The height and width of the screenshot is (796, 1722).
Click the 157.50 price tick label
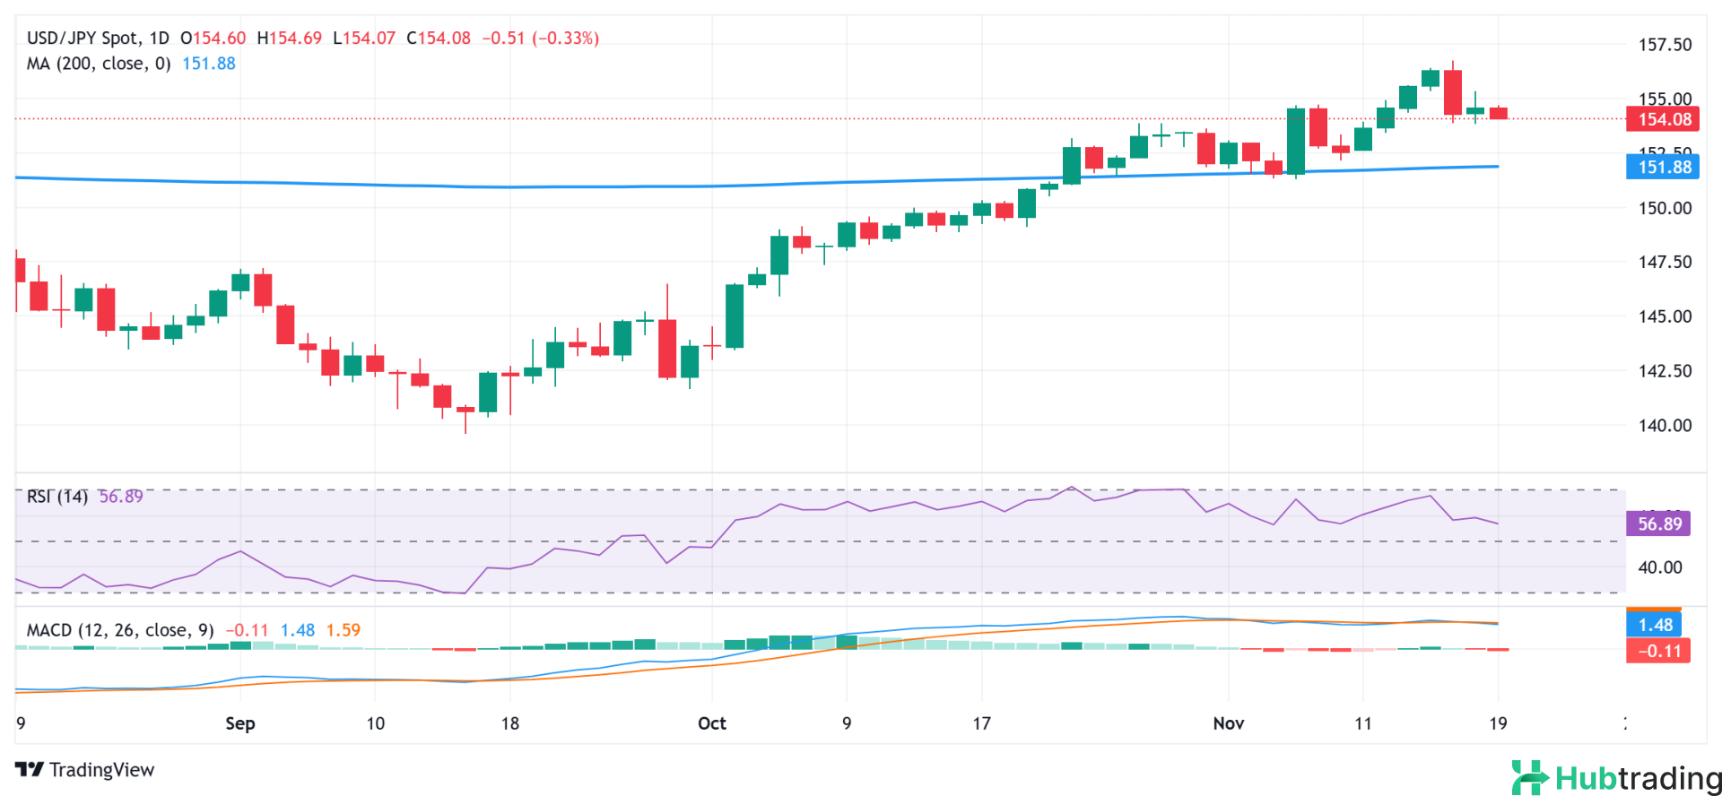tap(1665, 45)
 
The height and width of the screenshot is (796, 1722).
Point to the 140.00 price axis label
tap(1665, 426)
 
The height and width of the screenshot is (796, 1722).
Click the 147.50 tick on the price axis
tap(1665, 263)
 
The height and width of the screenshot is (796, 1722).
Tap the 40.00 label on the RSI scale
tap(1659, 567)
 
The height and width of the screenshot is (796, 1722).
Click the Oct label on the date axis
tap(712, 723)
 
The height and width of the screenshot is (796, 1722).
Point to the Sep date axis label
tap(240, 723)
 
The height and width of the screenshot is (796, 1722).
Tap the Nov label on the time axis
tap(1228, 723)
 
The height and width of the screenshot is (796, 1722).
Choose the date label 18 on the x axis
tap(510, 723)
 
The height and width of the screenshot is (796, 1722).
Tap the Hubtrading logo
tap(1615, 777)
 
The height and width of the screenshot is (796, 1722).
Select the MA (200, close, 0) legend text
tap(99, 64)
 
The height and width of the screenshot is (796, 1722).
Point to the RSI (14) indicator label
tap(57, 497)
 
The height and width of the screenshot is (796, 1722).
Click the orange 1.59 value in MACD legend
tap(343, 630)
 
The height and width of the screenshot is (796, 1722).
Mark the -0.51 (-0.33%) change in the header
tap(540, 39)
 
